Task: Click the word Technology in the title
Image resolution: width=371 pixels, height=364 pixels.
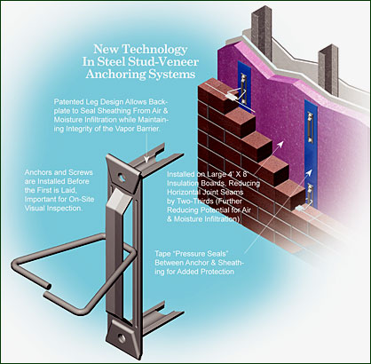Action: [x=154, y=50]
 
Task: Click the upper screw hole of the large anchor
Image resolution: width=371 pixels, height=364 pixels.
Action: [x=122, y=177]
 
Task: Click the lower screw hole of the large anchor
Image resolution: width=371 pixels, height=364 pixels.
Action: [x=122, y=337]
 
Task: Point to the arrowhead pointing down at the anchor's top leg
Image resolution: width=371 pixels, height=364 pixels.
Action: [x=146, y=160]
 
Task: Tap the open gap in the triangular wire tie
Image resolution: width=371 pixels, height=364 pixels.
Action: [x=47, y=289]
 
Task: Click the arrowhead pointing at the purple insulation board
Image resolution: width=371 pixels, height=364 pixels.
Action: [x=280, y=145]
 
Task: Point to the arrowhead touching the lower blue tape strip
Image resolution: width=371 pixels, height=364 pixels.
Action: [x=309, y=172]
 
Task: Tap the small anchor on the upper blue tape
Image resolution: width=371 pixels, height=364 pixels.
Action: [x=244, y=89]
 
